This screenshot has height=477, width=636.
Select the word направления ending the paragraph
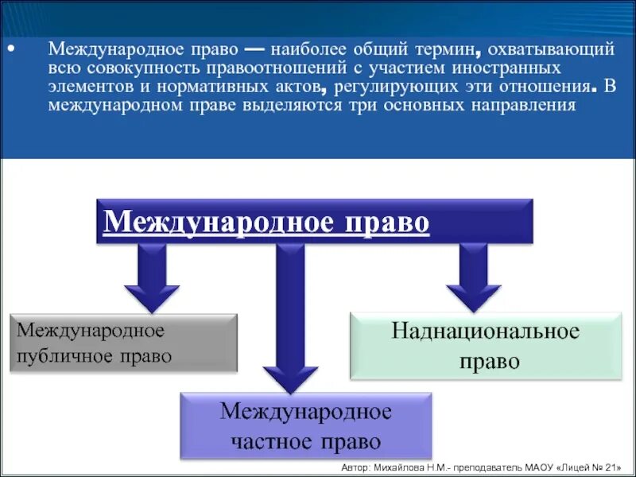point(525,105)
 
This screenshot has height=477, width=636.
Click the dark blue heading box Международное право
point(315,222)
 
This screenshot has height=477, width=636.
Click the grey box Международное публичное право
point(123,343)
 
